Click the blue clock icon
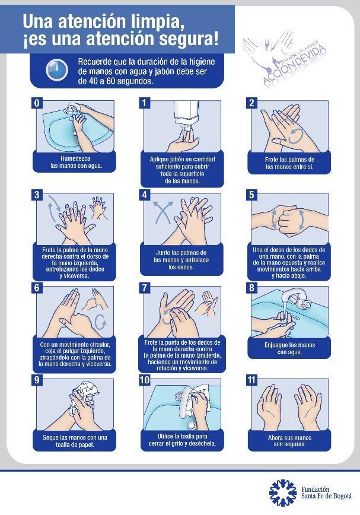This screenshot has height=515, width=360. [57, 70]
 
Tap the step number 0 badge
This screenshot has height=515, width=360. [37, 103]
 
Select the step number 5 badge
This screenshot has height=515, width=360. [251, 195]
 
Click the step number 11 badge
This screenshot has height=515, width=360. [251, 380]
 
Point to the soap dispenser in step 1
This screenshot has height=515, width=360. [187, 115]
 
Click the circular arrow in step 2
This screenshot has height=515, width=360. [296, 136]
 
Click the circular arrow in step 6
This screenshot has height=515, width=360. [100, 322]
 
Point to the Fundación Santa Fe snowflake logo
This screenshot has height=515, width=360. [282, 492]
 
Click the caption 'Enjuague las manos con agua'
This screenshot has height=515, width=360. [290, 348]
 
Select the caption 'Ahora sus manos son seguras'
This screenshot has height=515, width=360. [289, 441]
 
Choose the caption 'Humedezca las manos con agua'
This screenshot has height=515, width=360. [75, 162]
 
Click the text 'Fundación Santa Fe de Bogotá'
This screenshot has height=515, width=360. [326, 492]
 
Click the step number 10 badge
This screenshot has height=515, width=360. [145, 380]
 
